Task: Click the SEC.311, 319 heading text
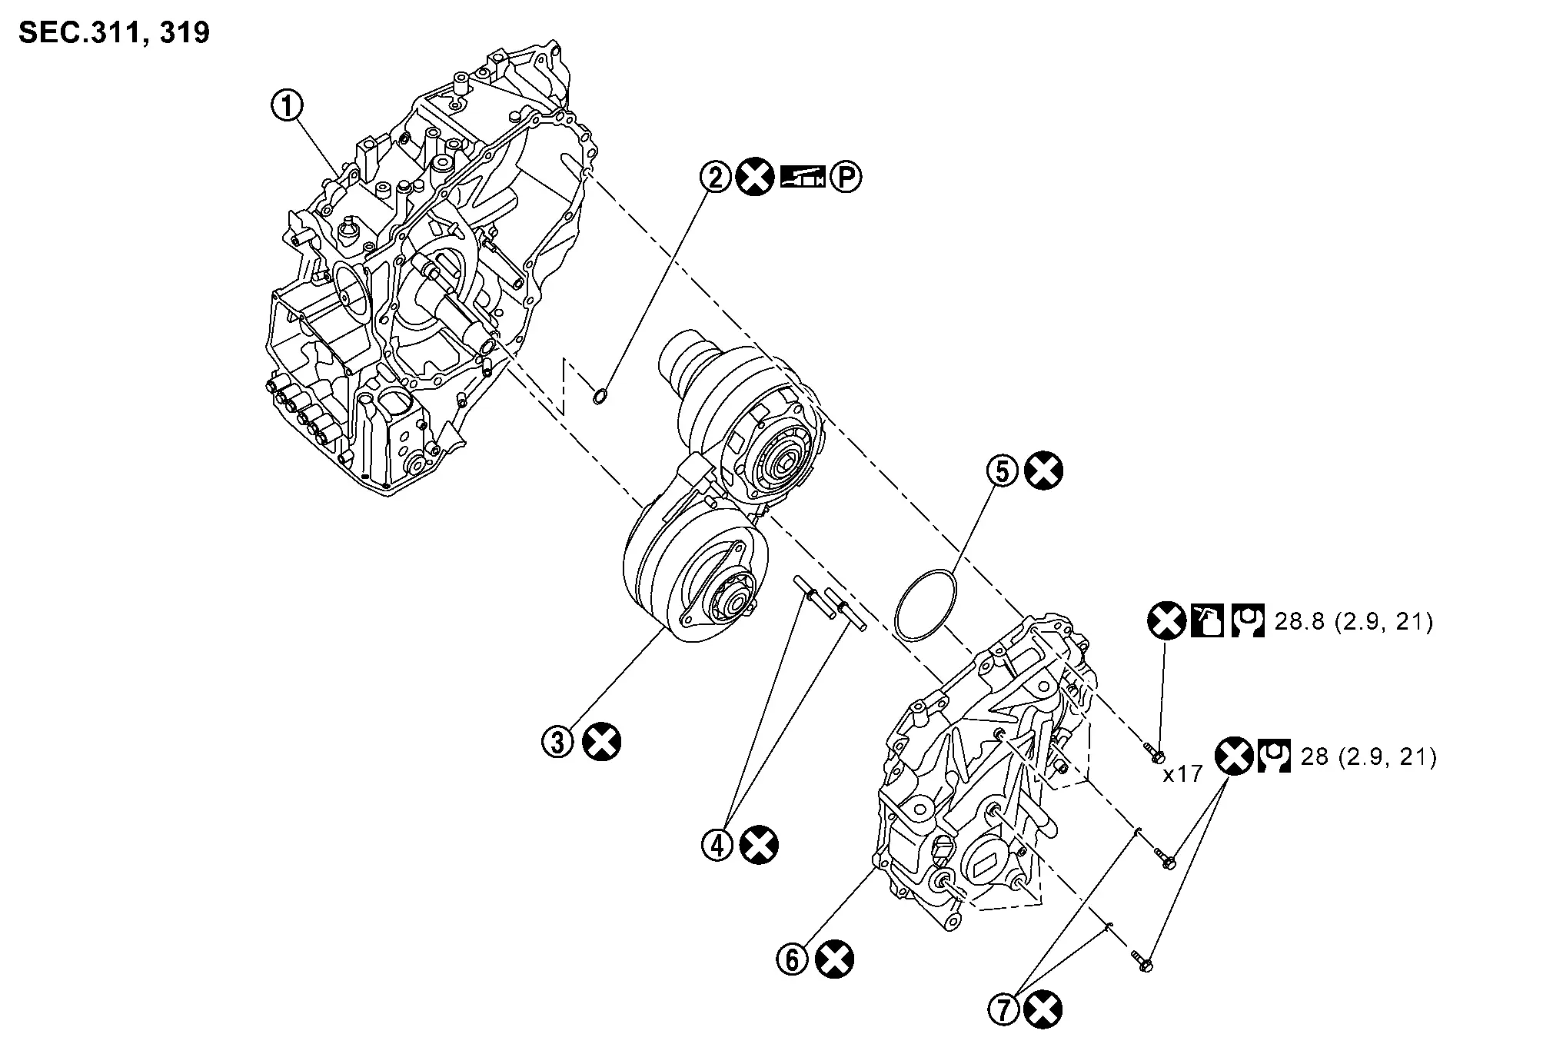tap(114, 33)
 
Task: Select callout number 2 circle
tap(715, 178)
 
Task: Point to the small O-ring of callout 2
tap(600, 397)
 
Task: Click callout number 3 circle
tap(558, 742)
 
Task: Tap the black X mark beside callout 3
tap(602, 742)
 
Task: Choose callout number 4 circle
tap(717, 845)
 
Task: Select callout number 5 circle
tap(1003, 471)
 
